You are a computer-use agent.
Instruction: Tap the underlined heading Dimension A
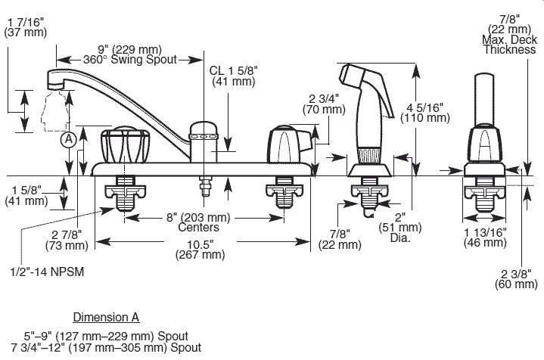coord(106,316)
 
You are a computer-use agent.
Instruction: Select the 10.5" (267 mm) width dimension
coord(202,249)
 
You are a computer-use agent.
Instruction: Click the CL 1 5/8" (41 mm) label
coord(235,75)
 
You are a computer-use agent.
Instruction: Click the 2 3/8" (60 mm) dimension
coord(515,278)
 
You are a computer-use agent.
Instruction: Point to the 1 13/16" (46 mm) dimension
coord(485,237)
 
